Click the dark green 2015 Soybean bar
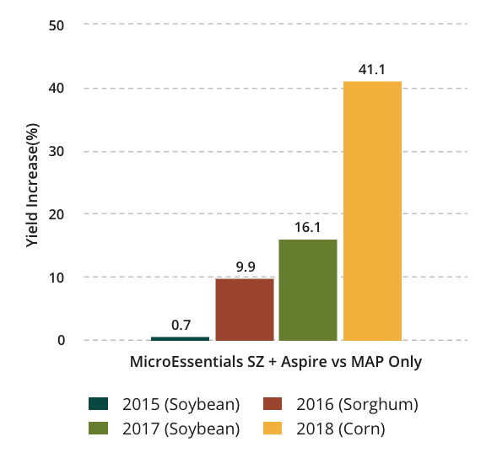click(180, 338)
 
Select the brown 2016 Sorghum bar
click(244, 309)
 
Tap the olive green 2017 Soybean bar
click(308, 289)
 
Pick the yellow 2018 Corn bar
click(372, 211)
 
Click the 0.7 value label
click(181, 325)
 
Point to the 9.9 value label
click(246, 267)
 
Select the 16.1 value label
click(308, 228)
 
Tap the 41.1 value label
click(371, 70)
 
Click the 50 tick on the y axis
click(57, 25)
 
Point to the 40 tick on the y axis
click(57, 89)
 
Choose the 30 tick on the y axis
click(57, 152)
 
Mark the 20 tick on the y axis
click(57, 214)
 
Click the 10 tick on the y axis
click(57, 278)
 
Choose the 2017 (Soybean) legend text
click(179, 429)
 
